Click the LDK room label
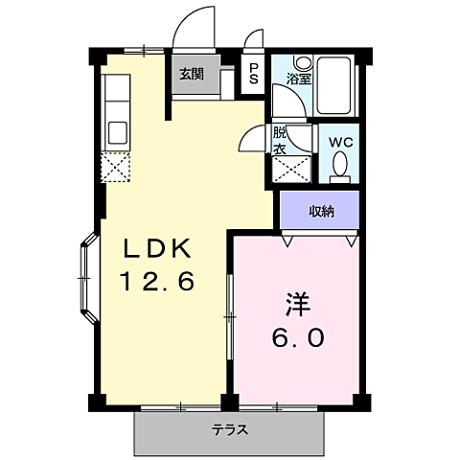pyautogui.click(x=157, y=251)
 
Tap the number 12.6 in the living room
pyautogui.click(x=157, y=282)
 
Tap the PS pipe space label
pyautogui.click(x=253, y=74)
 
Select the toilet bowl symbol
pyautogui.click(x=338, y=168)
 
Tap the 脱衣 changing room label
pyautogui.click(x=280, y=142)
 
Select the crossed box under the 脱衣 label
pyautogui.click(x=291, y=169)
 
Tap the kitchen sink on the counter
pyautogui.click(x=118, y=130)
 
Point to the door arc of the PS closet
pyautogui.click(x=254, y=40)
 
